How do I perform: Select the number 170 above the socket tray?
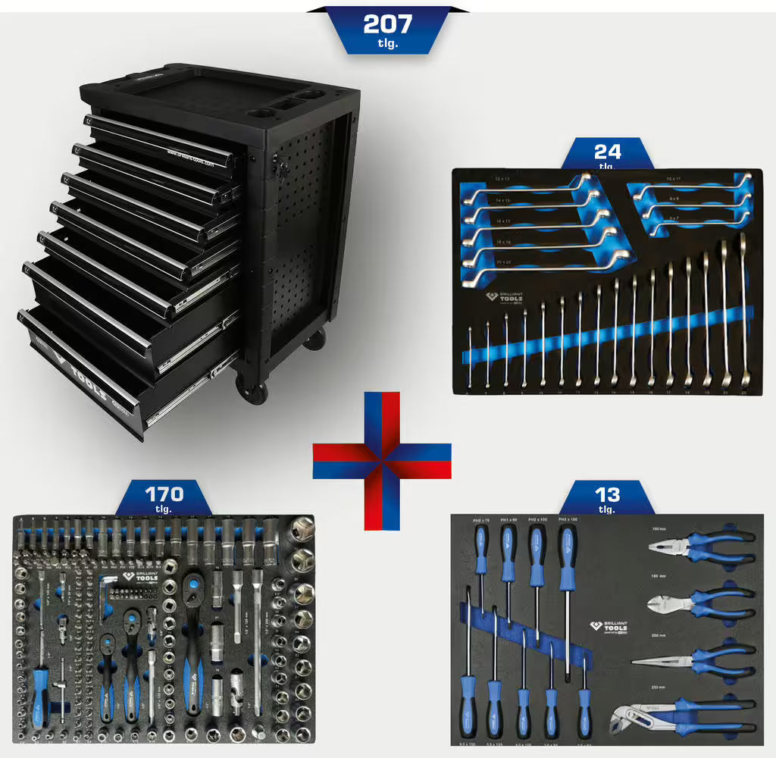click(164, 494)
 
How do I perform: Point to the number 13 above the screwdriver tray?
click(607, 495)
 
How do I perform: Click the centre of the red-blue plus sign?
click(382, 460)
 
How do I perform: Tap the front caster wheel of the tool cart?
click(252, 392)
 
